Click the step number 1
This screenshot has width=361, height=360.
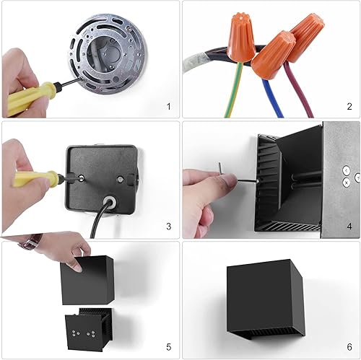168,107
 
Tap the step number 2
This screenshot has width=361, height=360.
349,107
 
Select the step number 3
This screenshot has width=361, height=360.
168,227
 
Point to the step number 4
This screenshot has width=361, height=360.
349,227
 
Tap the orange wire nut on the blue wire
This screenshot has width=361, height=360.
274,54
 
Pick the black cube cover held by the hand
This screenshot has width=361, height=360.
88,278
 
